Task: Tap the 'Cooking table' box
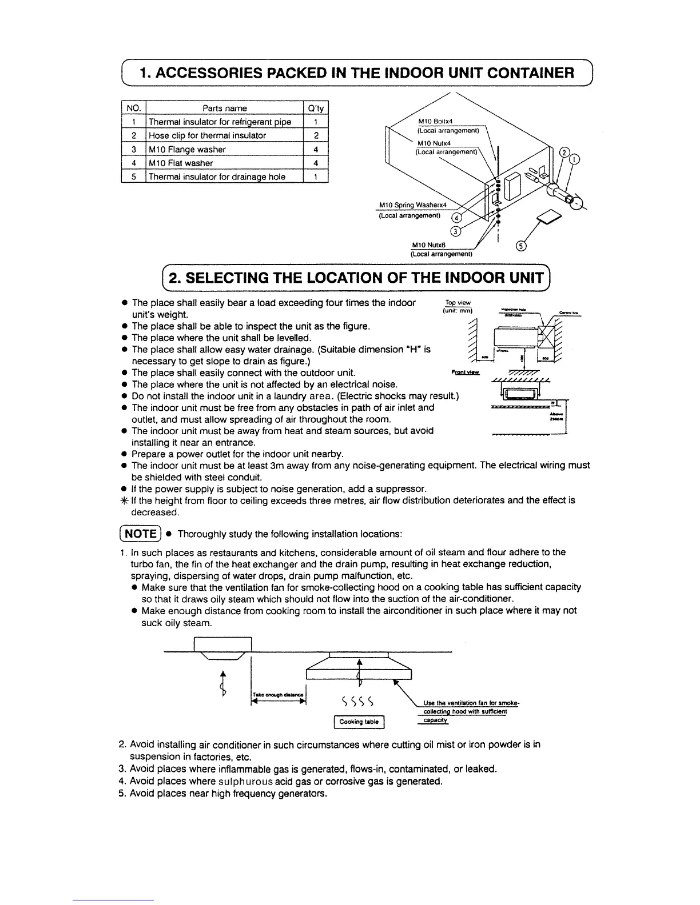359,722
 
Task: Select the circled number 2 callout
564,153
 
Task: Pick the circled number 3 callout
456,231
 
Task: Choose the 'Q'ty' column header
316,108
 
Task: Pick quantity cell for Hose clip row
316,135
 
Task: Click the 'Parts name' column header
224,108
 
